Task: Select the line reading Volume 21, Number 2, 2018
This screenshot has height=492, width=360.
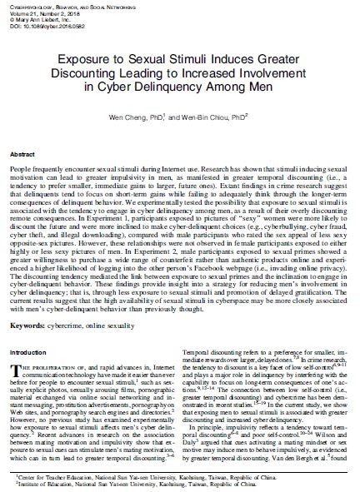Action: click(37, 12)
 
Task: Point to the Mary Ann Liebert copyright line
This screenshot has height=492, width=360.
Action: click(37, 18)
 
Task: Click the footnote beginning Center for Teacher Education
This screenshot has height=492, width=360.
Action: click(125, 474)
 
